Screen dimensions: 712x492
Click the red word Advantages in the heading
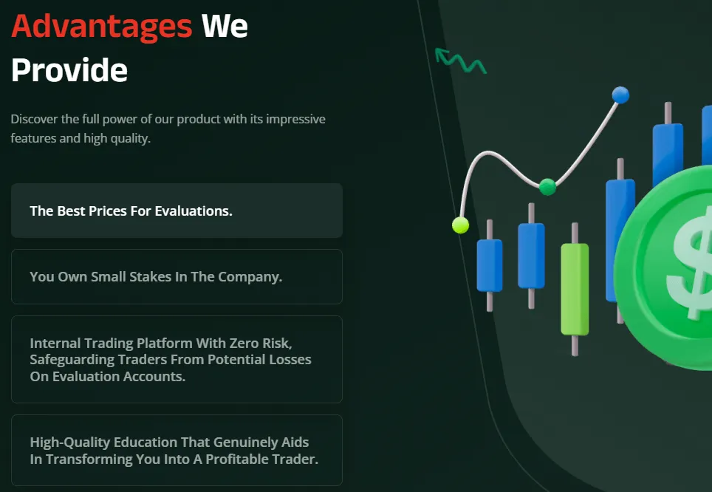tap(102, 27)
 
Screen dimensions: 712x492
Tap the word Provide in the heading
tap(69, 70)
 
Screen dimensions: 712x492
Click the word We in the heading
tap(225, 27)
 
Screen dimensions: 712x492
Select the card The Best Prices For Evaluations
tap(177, 211)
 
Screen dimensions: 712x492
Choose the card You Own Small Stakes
tap(177, 277)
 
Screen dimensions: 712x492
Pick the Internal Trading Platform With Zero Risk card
tap(177, 359)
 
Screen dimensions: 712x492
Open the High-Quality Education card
tap(177, 450)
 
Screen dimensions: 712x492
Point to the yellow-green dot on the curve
tap(460, 225)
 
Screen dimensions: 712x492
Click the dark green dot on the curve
tap(547, 186)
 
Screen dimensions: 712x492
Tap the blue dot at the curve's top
tap(620, 95)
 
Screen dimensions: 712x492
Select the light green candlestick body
tap(575, 290)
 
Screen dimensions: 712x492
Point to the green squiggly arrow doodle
tap(460, 61)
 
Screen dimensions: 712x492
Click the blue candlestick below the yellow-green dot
tap(490, 266)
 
